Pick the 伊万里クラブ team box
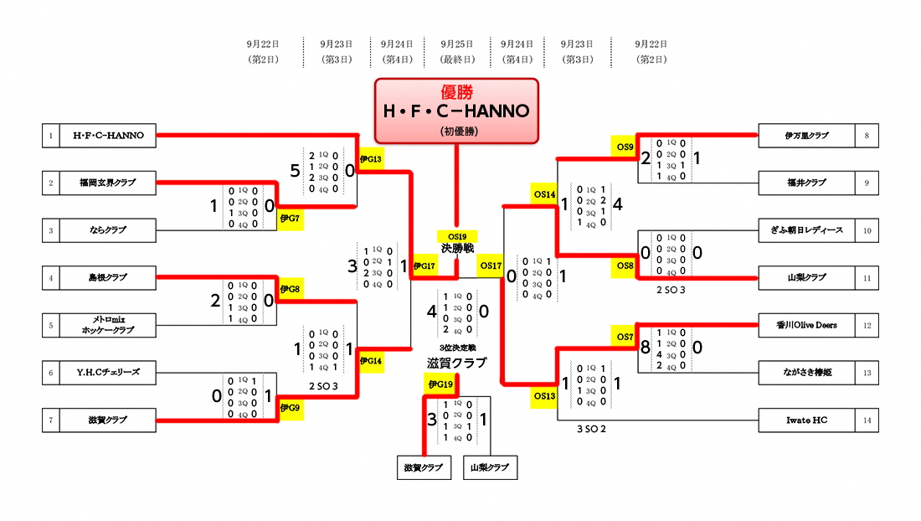click(806, 135)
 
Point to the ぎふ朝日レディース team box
click(806, 230)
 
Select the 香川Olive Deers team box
click(806, 324)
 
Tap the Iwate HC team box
click(806, 420)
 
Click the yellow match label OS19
click(457, 237)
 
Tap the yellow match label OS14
click(544, 194)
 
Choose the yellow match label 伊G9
click(291, 408)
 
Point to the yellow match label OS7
click(625, 337)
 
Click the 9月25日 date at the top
click(457, 42)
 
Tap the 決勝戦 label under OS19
click(457, 249)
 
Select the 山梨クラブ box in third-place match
click(490, 467)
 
